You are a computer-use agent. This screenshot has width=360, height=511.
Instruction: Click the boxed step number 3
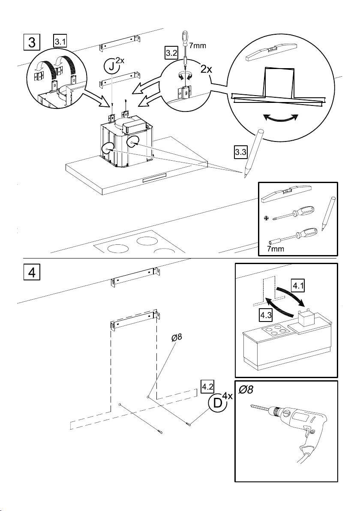[32, 43]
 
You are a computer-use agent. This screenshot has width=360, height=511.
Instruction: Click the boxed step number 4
[32, 272]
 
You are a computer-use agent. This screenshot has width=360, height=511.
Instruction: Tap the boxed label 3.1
[60, 42]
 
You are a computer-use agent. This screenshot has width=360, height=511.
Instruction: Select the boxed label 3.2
[171, 53]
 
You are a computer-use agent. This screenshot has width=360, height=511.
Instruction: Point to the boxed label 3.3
[240, 152]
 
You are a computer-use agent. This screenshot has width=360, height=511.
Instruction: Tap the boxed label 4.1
[298, 287]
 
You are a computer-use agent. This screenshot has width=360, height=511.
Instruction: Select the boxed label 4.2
[207, 387]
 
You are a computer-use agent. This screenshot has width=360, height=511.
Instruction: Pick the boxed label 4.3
[266, 316]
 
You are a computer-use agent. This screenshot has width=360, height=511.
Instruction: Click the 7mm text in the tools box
[275, 249]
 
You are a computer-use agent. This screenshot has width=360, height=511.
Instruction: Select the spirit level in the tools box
[286, 194]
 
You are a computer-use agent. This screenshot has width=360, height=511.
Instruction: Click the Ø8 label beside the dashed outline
[177, 338]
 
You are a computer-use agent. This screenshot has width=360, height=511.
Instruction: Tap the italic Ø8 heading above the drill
[246, 389]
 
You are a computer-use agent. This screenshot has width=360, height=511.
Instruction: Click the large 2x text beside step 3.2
[206, 69]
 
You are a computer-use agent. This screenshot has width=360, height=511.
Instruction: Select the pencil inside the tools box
[328, 213]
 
